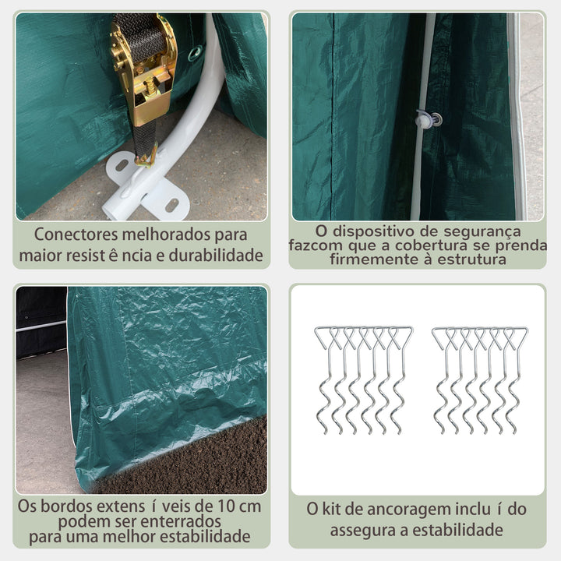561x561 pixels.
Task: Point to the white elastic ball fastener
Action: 426,119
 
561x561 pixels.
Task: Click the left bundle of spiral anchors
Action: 363,379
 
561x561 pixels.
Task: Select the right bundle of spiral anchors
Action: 480,379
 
